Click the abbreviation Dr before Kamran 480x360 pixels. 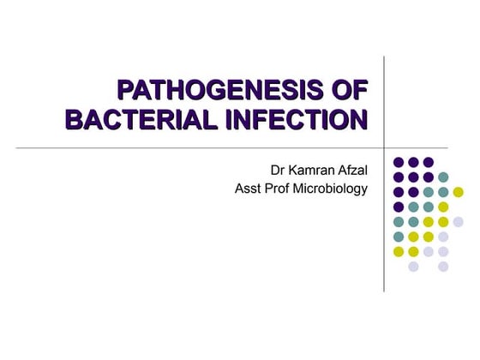(278, 170)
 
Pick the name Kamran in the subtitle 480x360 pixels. (313, 170)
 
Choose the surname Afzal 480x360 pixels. (355, 170)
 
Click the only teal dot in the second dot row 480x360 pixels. (443, 177)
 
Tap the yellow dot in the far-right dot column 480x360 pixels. (458, 192)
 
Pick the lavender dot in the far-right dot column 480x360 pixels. (458, 221)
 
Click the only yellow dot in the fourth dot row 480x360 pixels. (443, 207)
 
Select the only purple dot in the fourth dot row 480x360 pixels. (399, 207)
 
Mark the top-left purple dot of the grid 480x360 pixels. (399, 161)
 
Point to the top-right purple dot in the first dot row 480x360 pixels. (429, 161)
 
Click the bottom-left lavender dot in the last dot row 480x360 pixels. (413, 267)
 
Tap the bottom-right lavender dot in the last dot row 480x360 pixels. (443, 267)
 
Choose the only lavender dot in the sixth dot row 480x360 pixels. (443, 237)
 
